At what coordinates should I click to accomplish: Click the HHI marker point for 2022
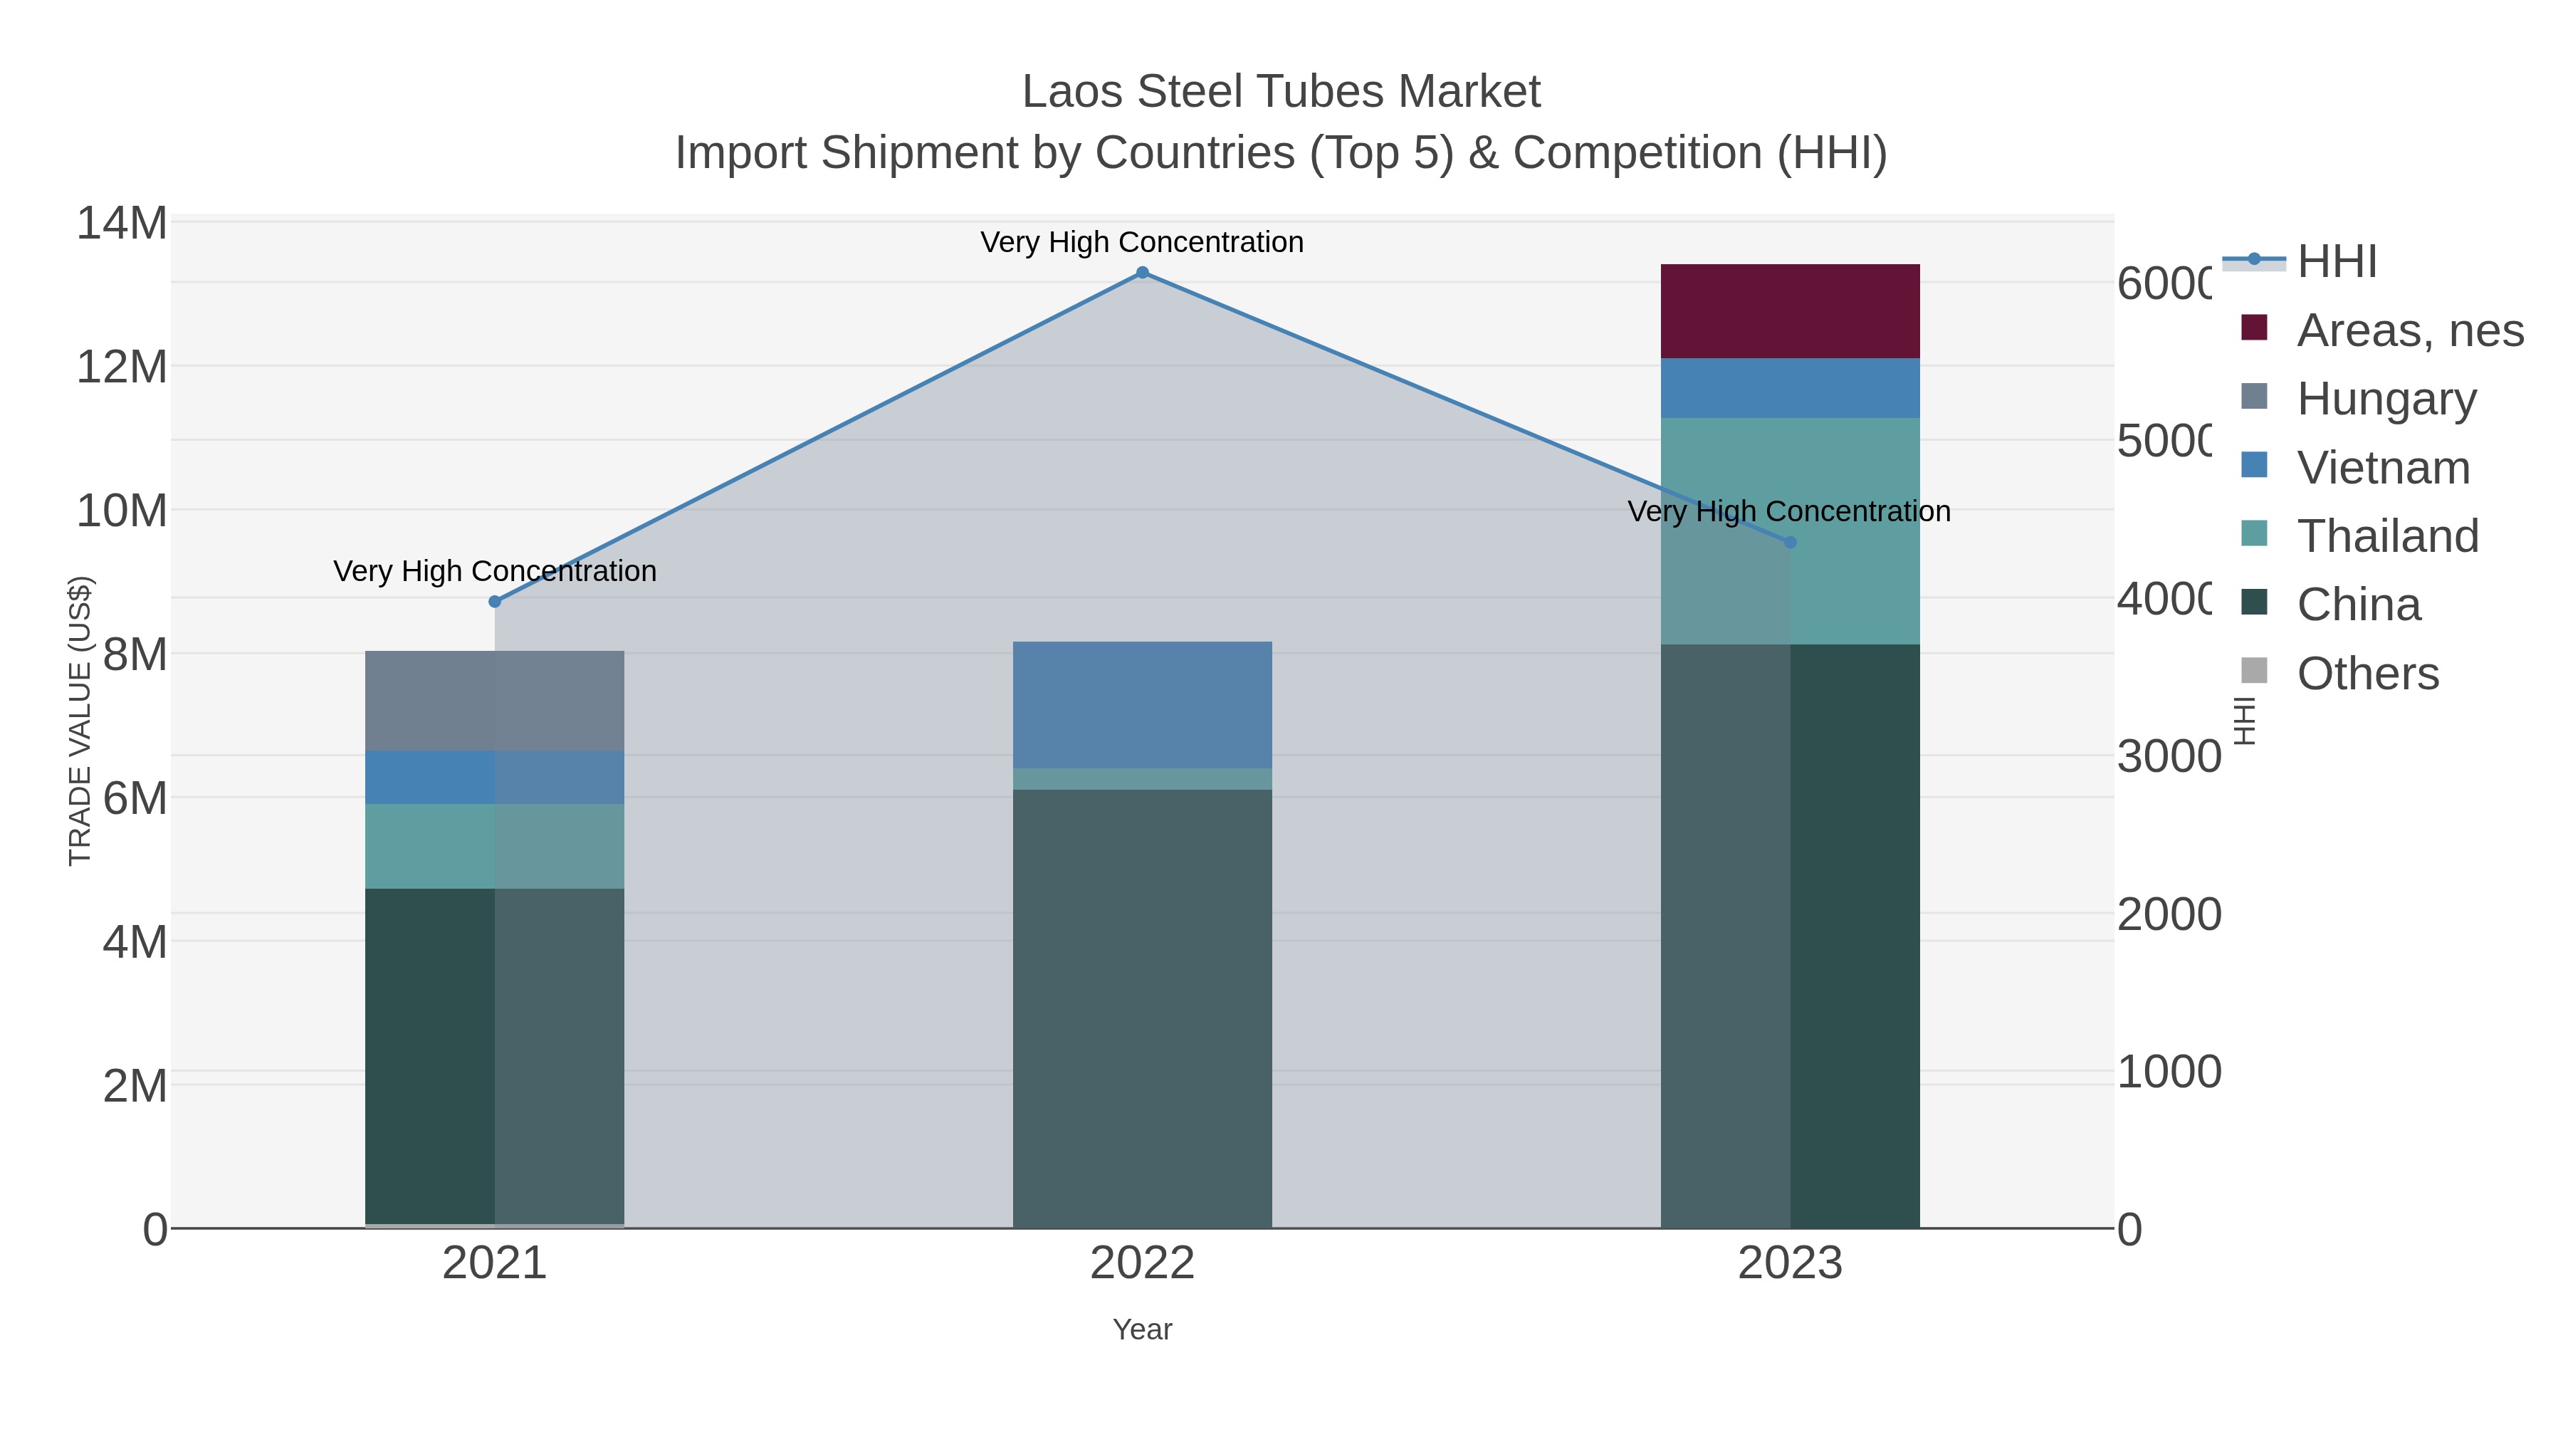pos(1142,273)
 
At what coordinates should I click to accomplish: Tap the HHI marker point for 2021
pos(495,602)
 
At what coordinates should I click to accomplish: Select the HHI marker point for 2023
pos(1790,543)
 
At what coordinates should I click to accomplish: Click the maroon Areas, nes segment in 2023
pos(1790,311)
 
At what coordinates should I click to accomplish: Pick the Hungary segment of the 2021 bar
pos(495,701)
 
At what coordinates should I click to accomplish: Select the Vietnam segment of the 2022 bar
pos(1142,704)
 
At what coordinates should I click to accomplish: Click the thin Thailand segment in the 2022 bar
pos(1142,779)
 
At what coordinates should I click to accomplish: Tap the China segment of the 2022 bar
pos(1142,1005)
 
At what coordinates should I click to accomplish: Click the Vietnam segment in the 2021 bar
pos(495,777)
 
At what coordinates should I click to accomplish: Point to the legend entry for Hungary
pos(2385,399)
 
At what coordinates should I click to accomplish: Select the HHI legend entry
pos(2335,262)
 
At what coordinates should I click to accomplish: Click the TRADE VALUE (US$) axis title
pos(80,721)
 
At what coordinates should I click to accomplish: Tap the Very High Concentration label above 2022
pos(1141,242)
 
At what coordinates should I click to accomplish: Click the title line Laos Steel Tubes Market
pos(1281,92)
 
